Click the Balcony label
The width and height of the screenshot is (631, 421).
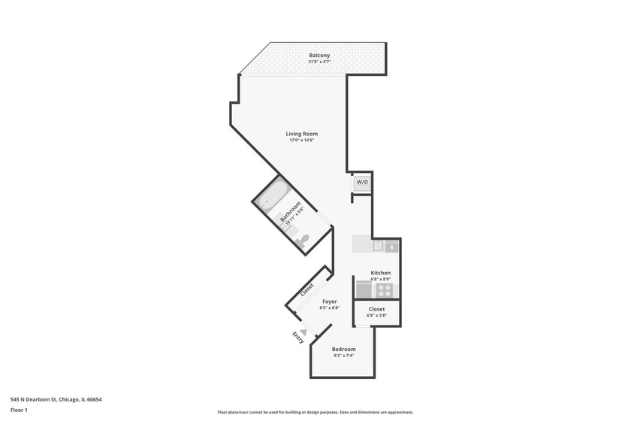point(319,55)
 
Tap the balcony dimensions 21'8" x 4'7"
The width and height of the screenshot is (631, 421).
point(319,62)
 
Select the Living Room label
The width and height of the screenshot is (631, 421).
point(301,134)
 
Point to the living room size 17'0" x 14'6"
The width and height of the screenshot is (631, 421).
point(301,141)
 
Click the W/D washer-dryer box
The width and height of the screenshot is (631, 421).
point(362,183)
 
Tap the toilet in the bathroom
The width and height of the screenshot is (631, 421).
point(302,241)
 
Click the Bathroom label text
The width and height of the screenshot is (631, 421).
point(290,210)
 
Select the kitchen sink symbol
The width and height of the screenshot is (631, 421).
point(391,245)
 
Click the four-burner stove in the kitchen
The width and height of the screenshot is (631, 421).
point(384,290)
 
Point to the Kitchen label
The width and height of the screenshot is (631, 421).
point(381,272)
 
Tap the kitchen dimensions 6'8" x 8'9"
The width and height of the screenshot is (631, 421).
point(381,279)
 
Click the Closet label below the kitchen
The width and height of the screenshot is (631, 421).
point(376,309)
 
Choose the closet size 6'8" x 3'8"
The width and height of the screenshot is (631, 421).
point(376,316)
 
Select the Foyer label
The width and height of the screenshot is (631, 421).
point(329,301)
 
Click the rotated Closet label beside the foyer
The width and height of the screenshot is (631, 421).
point(307,289)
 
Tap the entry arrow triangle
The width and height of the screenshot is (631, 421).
point(303,331)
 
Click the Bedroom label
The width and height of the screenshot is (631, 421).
point(344,349)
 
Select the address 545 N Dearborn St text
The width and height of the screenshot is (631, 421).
point(56,399)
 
